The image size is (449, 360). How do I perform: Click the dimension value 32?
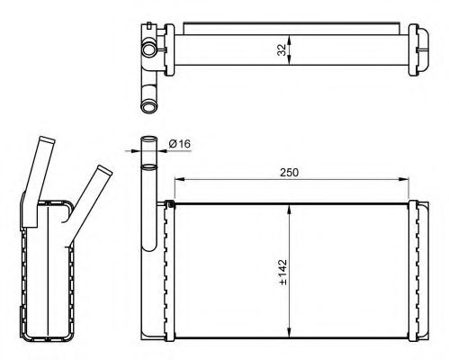coord(282,49)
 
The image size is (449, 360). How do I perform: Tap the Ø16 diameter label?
coord(180,144)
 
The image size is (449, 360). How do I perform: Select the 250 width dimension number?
coord(290,173)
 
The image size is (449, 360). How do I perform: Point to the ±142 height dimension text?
coord(283,272)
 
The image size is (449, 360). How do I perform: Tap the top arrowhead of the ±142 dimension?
coord(289,209)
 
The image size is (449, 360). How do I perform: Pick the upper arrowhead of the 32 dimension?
coord(289,40)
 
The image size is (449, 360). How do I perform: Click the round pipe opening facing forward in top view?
coord(148,49)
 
